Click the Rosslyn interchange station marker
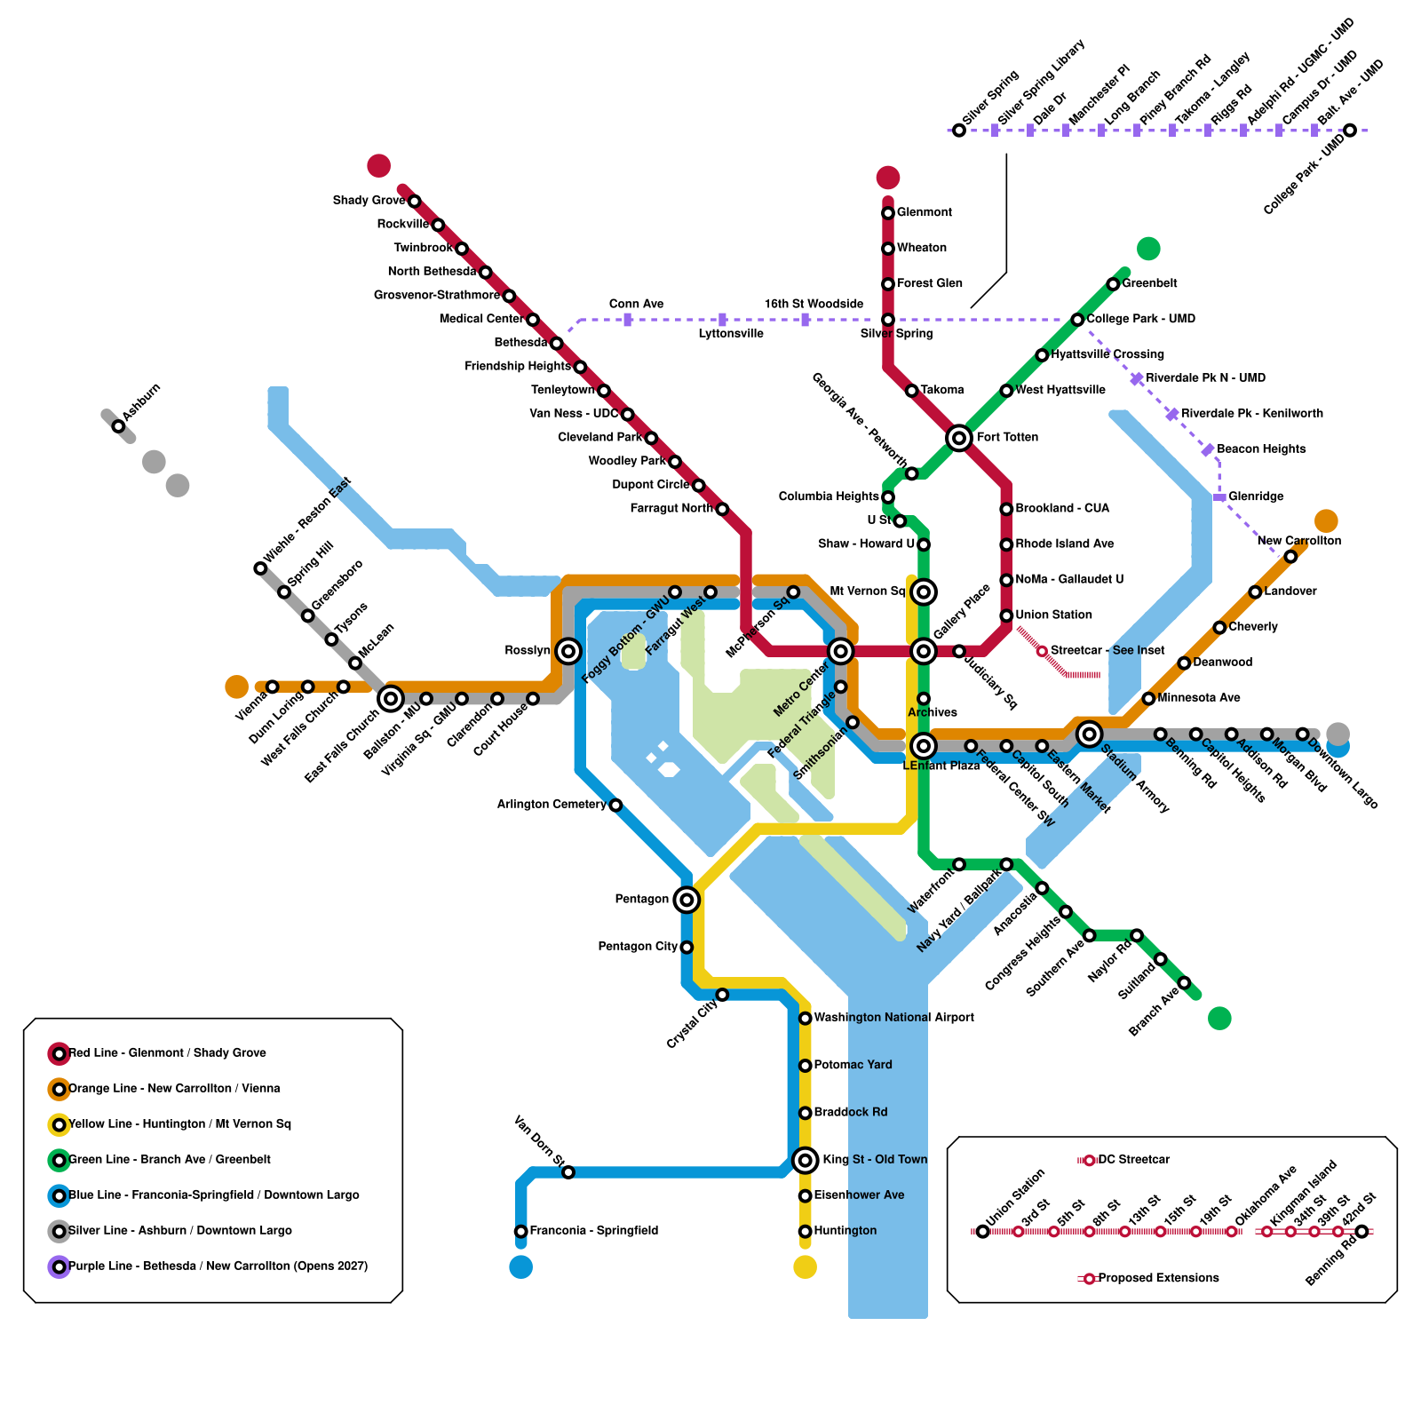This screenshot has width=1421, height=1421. tap(568, 651)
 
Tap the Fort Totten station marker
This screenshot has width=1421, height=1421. tap(958, 438)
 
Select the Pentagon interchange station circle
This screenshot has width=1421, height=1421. tap(686, 900)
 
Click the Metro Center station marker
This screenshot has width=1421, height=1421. tap(840, 652)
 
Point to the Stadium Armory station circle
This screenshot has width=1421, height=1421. tap(1089, 734)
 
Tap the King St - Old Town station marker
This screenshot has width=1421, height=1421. tap(805, 1160)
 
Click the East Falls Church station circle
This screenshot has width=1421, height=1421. tap(391, 699)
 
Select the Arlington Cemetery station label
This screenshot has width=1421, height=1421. tap(552, 805)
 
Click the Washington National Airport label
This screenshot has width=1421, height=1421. tap(893, 1018)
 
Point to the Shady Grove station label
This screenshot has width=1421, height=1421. tap(369, 201)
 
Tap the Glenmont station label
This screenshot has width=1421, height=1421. tap(924, 212)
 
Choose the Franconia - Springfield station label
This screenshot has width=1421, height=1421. tap(593, 1231)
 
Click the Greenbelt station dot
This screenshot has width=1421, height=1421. tap(1113, 284)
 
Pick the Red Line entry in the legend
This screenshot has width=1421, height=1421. tap(167, 1053)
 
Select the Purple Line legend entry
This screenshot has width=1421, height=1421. tap(218, 1266)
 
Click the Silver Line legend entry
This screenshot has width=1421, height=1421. tap(179, 1231)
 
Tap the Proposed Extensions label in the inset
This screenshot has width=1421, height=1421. tap(1158, 1278)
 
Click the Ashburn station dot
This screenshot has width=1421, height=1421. tap(118, 426)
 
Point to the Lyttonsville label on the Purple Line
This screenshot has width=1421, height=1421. tap(730, 334)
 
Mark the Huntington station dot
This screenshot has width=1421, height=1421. tap(805, 1231)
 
